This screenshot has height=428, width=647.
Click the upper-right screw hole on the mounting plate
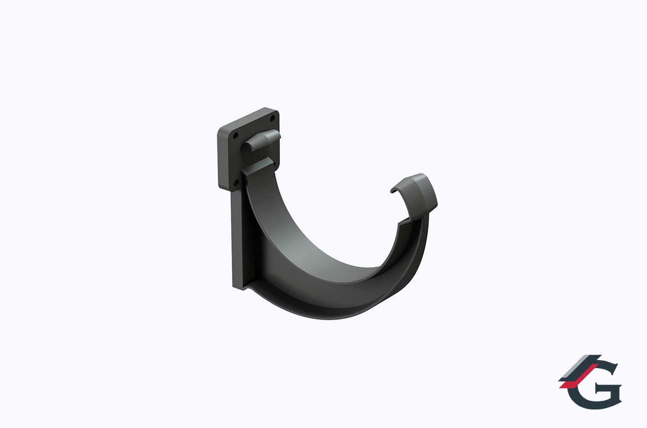coord(272,118)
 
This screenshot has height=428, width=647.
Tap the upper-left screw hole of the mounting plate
coord(235,135)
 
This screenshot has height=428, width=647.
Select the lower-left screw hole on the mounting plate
coord(235,182)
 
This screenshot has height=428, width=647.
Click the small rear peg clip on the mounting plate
coord(261,139)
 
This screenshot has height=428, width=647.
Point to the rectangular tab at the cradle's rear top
coord(257,167)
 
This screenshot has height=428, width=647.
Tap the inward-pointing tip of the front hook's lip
coord(392,191)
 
